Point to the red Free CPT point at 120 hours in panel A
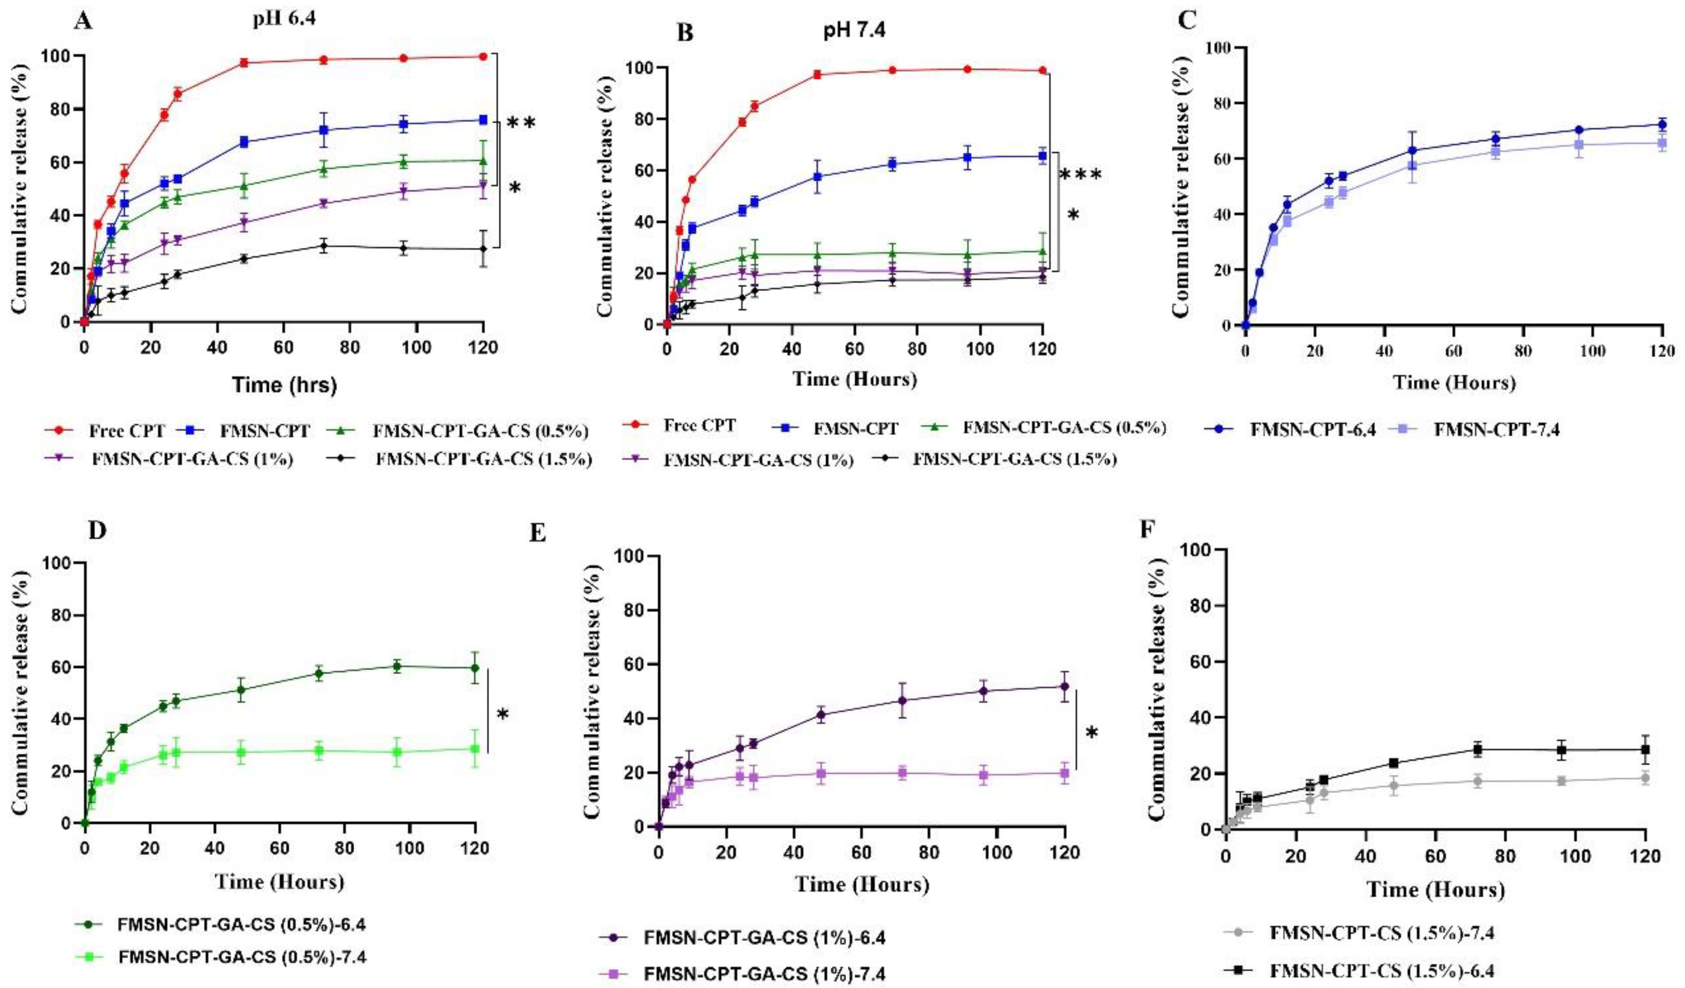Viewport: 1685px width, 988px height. point(483,57)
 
